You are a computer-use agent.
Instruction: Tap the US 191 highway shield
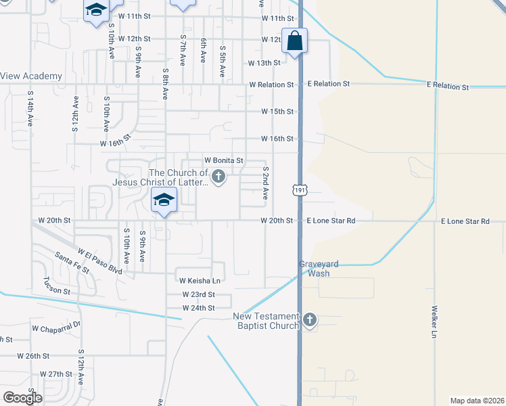click(x=300, y=190)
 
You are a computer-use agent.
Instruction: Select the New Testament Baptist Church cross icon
click(x=310, y=320)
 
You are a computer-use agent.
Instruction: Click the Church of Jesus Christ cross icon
click(x=218, y=177)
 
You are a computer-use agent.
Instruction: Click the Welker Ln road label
click(x=434, y=321)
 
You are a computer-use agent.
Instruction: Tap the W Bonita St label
click(x=223, y=160)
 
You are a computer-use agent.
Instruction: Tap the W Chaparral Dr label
click(x=56, y=327)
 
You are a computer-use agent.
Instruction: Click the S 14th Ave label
click(x=31, y=109)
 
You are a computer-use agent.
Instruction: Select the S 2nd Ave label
click(x=267, y=183)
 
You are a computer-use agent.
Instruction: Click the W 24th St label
click(x=198, y=308)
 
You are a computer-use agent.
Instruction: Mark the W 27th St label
click(x=55, y=374)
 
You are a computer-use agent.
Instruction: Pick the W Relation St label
click(x=271, y=85)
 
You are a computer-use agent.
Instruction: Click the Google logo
click(x=22, y=397)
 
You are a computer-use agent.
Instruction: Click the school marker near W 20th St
click(x=163, y=201)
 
